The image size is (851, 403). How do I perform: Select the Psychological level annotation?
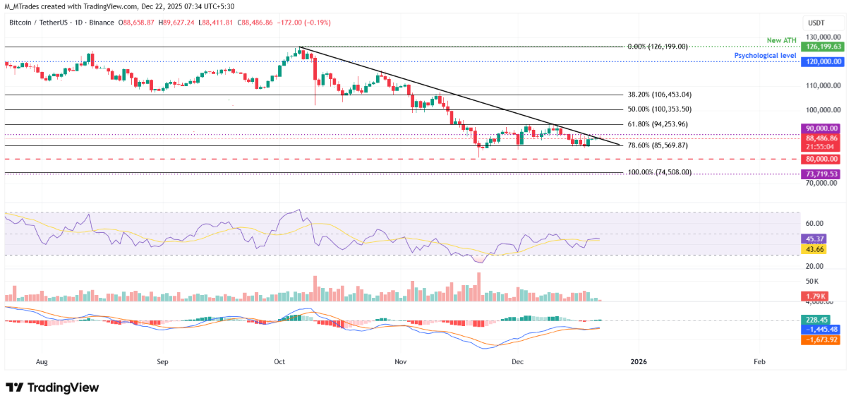[766, 54]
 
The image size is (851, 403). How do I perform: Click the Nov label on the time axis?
[401, 361]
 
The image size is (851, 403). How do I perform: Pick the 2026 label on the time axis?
[638, 361]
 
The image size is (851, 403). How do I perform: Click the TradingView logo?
[52, 387]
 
